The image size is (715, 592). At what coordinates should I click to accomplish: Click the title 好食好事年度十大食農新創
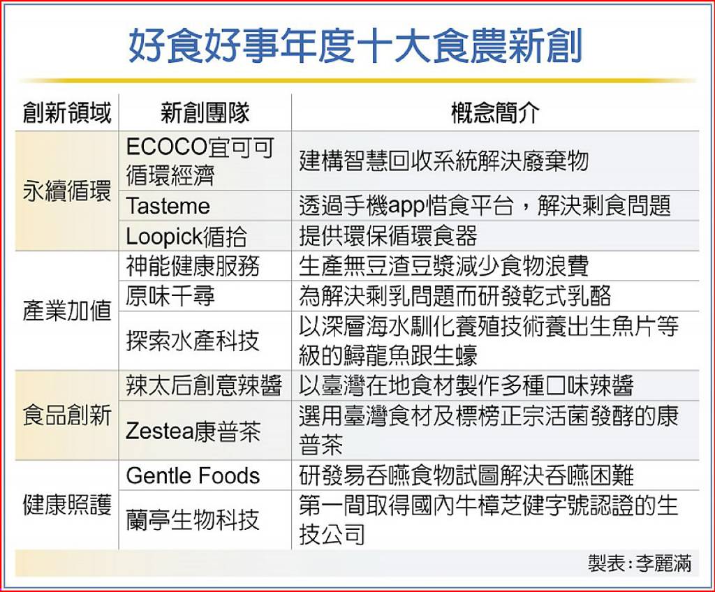tap(355, 45)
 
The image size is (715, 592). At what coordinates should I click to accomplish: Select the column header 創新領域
tap(67, 112)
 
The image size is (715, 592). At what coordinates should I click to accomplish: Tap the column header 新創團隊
tap(205, 112)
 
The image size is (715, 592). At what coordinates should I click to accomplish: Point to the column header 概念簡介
tap(495, 112)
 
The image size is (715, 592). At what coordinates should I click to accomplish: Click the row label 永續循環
tap(67, 191)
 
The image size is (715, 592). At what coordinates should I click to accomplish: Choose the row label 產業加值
tap(67, 311)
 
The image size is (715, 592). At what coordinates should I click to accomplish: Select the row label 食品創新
tap(67, 415)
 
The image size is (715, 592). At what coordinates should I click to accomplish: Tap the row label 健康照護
tap(67, 505)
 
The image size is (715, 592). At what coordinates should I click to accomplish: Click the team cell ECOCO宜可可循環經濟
tap(200, 161)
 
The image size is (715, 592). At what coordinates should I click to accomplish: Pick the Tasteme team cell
tap(168, 206)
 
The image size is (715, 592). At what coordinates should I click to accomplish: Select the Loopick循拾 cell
tap(186, 237)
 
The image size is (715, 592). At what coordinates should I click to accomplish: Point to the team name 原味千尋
tap(170, 296)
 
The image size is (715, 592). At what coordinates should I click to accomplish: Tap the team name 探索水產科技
tap(193, 341)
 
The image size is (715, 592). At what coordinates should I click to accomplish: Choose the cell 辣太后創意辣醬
tap(203, 386)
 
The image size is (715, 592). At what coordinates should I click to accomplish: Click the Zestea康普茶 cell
tap(193, 431)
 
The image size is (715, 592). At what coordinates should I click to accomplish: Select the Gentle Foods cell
tap(193, 475)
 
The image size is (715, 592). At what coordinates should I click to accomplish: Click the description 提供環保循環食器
tap(388, 237)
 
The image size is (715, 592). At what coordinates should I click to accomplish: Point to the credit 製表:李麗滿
tap(640, 563)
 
